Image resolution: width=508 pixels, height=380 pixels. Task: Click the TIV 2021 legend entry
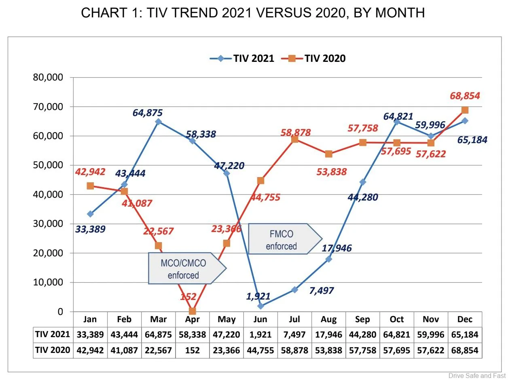point(242,58)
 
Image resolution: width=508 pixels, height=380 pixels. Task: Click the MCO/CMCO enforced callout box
point(184,269)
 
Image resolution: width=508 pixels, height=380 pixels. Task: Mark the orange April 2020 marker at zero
point(193,311)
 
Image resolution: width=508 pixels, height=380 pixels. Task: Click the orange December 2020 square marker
point(465,110)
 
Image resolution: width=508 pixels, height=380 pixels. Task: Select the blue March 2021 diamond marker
point(158,121)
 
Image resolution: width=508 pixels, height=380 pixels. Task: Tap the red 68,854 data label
point(465,96)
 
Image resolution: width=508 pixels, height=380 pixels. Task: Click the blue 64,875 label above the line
point(148,113)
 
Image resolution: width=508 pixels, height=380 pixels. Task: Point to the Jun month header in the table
point(260,319)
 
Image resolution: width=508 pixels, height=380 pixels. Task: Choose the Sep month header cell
point(362,319)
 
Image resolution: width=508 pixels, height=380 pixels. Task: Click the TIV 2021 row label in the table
point(53,335)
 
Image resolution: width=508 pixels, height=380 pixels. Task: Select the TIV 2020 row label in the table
point(53,350)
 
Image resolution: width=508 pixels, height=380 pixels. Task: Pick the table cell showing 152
point(193,350)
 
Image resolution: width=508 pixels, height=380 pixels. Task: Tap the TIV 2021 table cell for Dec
point(465,335)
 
